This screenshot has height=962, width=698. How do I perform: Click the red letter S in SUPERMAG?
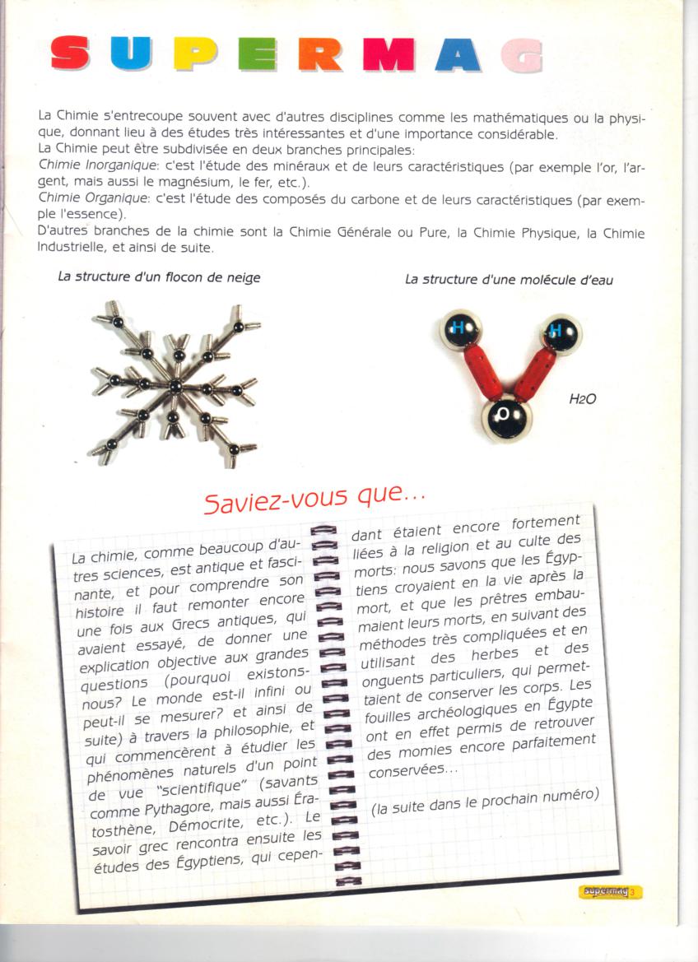pos(71,54)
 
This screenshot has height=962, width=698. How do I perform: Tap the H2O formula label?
pos(582,399)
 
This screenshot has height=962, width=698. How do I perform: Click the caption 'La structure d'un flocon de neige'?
pos(159,277)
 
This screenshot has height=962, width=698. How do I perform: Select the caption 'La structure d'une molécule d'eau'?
pos(509,280)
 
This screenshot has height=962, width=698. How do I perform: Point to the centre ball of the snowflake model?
pos(174,386)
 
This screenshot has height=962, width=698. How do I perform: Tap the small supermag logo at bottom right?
pos(609,891)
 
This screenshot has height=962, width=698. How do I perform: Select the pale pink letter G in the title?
pos(523,55)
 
